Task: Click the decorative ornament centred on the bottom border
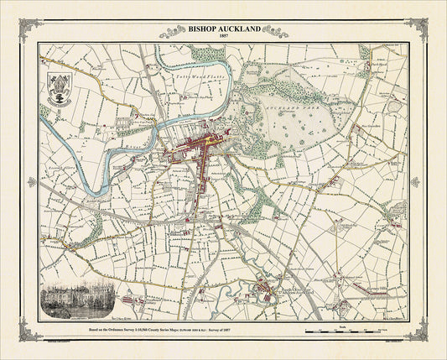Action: (x=223, y=347)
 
